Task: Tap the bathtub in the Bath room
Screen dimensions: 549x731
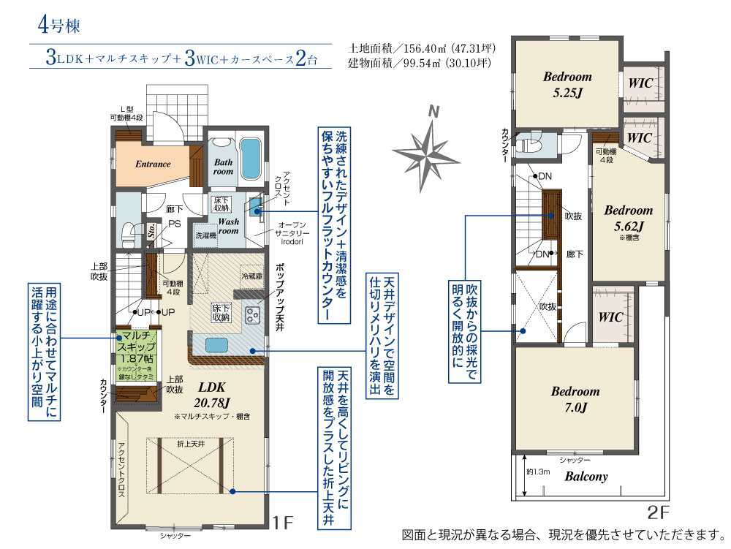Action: (x=250, y=155)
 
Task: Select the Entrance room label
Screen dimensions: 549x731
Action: (x=153, y=164)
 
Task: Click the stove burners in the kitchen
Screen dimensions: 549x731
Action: (x=253, y=315)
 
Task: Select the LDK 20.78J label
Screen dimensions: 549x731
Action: (x=213, y=394)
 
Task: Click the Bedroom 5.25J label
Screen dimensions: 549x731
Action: (x=567, y=84)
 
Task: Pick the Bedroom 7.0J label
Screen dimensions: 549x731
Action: (x=575, y=399)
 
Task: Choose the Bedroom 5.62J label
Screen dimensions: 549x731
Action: (x=628, y=217)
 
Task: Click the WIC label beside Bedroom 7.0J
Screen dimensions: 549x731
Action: (x=610, y=317)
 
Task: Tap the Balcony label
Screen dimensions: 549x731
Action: (x=586, y=477)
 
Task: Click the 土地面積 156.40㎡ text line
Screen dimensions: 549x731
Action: (x=422, y=49)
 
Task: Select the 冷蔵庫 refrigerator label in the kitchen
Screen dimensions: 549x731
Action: (x=251, y=277)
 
